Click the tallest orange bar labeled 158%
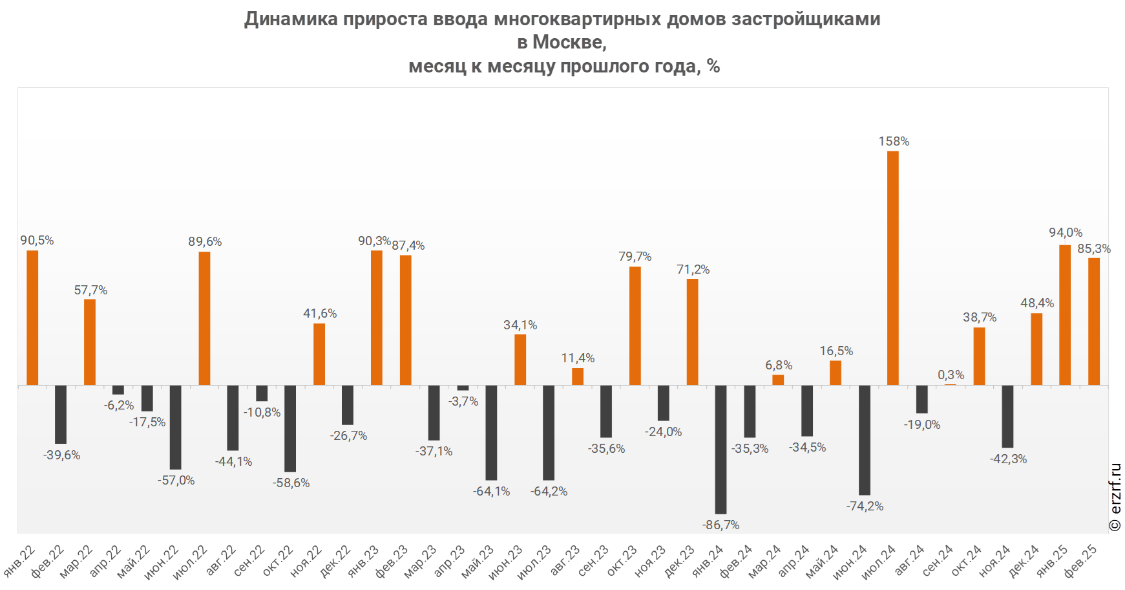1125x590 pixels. pos(892,268)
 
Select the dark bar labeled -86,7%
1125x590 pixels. pos(720,450)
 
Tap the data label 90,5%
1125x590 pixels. pos(37,241)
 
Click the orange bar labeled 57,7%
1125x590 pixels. pos(90,342)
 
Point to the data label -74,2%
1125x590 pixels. pos(865,507)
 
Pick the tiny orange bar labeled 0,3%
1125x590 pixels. pos(950,385)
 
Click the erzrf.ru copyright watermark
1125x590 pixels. pos(1115,497)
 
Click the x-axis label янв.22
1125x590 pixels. pos(20,561)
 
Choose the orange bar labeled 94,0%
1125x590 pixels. pos(1065,315)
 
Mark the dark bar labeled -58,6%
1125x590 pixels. pos(290,428)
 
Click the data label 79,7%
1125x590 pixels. pos(635,257)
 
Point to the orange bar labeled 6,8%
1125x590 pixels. pos(778,380)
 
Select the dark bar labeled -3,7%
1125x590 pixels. pos(463,388)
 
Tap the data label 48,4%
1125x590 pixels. pos(1037,303)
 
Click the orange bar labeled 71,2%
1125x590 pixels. pos(692,332)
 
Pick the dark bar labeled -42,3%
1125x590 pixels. pos(1007,416)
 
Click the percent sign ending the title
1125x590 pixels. pos(713,66)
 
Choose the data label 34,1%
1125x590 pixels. pos(520,325)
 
